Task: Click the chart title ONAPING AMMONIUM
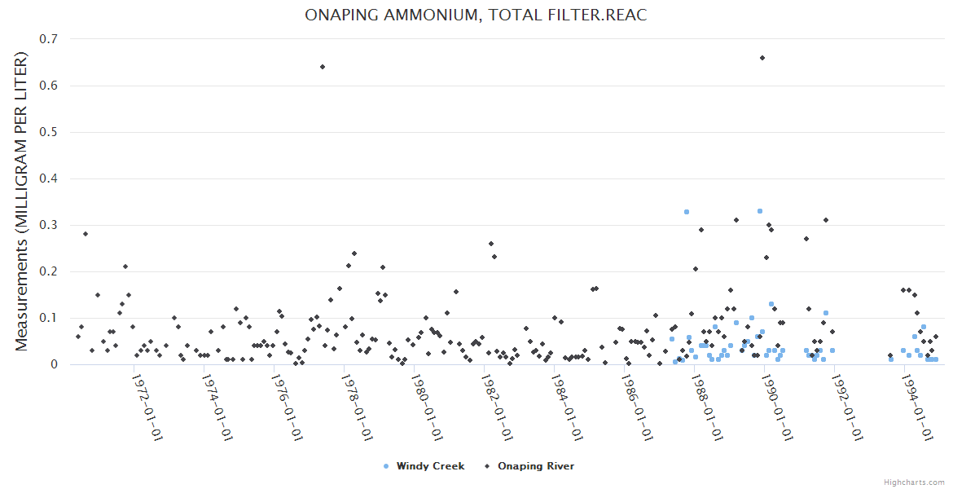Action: point(476,15)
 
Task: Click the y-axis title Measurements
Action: point(22,200)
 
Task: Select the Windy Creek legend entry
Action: point(424,466)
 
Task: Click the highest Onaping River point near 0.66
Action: point(762,58)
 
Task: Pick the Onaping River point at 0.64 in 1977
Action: point(323,67)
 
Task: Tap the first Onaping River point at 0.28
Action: point(85,234)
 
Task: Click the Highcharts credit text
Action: point(914,482)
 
